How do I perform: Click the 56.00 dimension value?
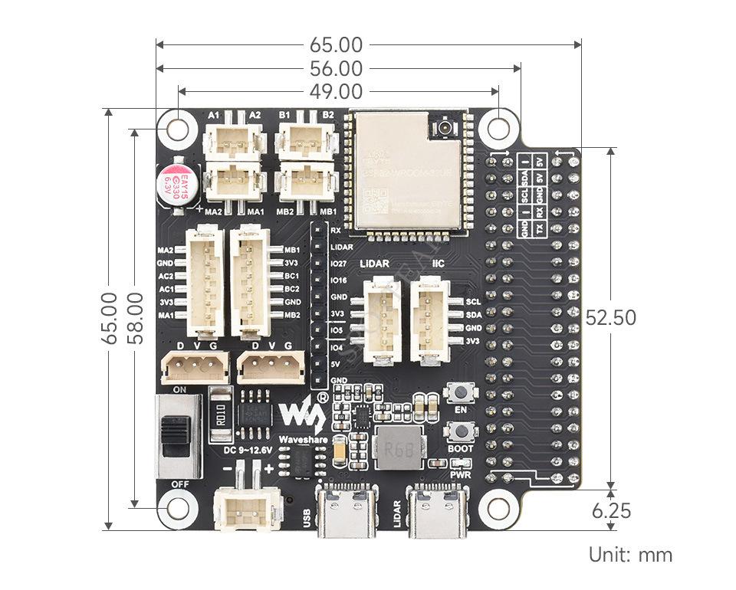pos(337,69)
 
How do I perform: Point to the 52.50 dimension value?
pos(610,317)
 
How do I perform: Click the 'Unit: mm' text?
pos(630,555)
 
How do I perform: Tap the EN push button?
pos(462,394)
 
